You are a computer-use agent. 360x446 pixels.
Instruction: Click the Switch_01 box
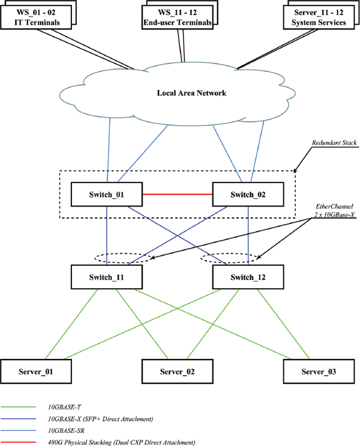[107, 194]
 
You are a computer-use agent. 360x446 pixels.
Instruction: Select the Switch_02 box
[248, 194]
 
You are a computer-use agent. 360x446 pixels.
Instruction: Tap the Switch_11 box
[107, 277]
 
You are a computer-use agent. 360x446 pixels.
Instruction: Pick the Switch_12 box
[248, 277]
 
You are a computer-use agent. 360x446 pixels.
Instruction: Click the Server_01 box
[36, 372]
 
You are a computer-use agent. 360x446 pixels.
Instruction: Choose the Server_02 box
[178, 372]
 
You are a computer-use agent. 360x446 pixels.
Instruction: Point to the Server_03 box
[319, 372]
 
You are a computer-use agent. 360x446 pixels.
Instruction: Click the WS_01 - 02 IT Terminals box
[36, 17]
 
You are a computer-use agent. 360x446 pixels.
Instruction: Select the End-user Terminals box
[178, 17]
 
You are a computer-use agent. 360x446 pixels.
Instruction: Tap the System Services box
[319, 17]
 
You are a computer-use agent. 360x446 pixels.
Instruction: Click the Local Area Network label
[191, 93]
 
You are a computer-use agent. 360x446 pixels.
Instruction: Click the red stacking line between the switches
[178, 194]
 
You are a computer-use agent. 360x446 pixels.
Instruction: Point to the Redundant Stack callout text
[334, 142]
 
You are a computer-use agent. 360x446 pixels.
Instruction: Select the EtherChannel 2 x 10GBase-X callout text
[334, 211]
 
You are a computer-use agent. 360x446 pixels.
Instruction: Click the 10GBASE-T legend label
[65, 407]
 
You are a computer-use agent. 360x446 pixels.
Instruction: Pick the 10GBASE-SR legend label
[66, 430]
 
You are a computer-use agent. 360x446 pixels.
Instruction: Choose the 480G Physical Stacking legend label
[121, 442]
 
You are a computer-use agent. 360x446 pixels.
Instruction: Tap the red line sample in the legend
[18, 442]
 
